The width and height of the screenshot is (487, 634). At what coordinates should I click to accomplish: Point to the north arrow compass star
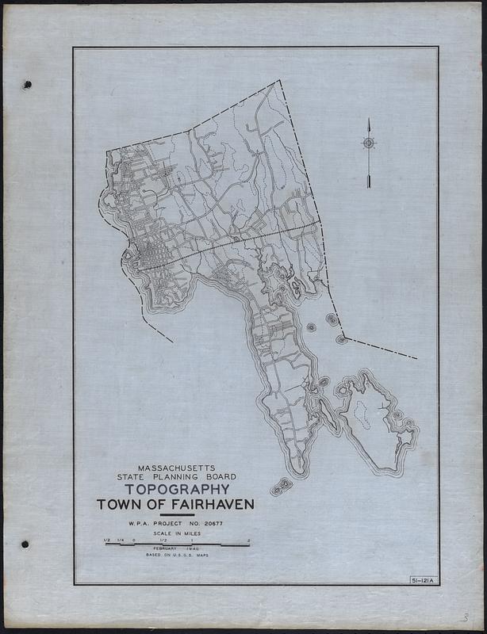point(369,143)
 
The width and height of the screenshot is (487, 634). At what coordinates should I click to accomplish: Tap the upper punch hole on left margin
point(27,84)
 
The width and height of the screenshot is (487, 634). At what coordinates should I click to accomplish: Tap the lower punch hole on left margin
point(25,544)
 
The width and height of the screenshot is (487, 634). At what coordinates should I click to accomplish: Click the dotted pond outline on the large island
point(360,412)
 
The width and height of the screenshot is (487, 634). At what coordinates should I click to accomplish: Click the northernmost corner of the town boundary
point(278,81)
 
